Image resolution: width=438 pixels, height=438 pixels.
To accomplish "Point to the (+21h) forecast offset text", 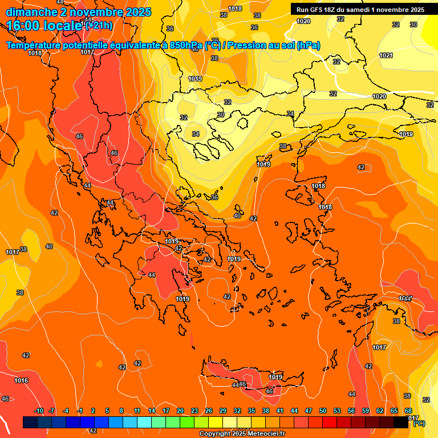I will point(98,25).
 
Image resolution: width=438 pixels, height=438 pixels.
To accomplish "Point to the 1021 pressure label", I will point(386,55).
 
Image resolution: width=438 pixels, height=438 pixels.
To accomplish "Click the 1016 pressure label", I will point(21,380).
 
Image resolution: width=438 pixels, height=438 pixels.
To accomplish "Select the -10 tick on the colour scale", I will point(39,411).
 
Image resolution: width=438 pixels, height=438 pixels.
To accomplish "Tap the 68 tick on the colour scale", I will point(408,411).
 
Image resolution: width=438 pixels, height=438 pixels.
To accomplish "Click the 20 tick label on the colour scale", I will point(180,411).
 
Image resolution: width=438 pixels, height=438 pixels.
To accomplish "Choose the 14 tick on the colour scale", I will point(152,411).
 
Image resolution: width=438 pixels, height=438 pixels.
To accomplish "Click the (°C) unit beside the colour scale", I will point(419,423).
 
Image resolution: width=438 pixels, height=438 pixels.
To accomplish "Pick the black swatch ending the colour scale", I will point(401,422).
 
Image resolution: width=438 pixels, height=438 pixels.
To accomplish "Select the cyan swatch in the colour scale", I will point(144,422).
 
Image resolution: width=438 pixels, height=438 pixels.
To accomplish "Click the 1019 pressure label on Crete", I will point(275,377).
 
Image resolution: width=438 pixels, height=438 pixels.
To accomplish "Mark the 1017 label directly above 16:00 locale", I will point(87,52).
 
